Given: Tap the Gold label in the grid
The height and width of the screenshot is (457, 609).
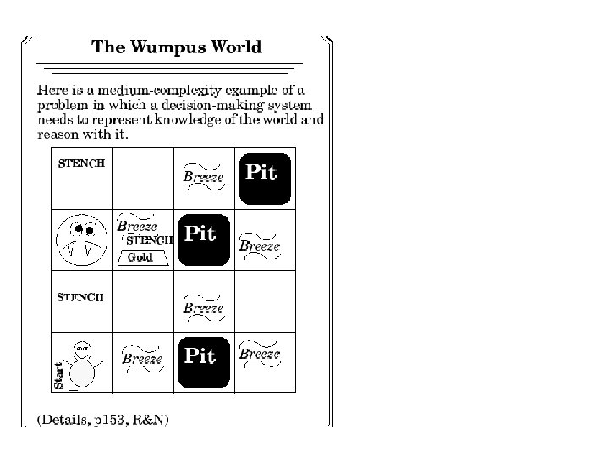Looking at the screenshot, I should pyautogui.click(x=140, y=257).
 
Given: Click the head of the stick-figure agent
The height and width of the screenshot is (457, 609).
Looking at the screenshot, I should pyautogui.click(x=82, y=347).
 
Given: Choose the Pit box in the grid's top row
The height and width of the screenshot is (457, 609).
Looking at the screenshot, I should pyautogui.click(x=265, y=179).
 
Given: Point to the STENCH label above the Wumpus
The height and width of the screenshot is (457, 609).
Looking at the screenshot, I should pyautogui.click(x=81, y=163).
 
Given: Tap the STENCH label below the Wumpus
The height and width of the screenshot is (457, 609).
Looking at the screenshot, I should pyautogui.click(x=80, y=297).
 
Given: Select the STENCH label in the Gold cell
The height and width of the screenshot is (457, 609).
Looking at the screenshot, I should pyautogui.click(x=150, y=240).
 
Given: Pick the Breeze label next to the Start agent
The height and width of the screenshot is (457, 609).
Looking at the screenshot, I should pyautogui.click(x=142, y=358).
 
